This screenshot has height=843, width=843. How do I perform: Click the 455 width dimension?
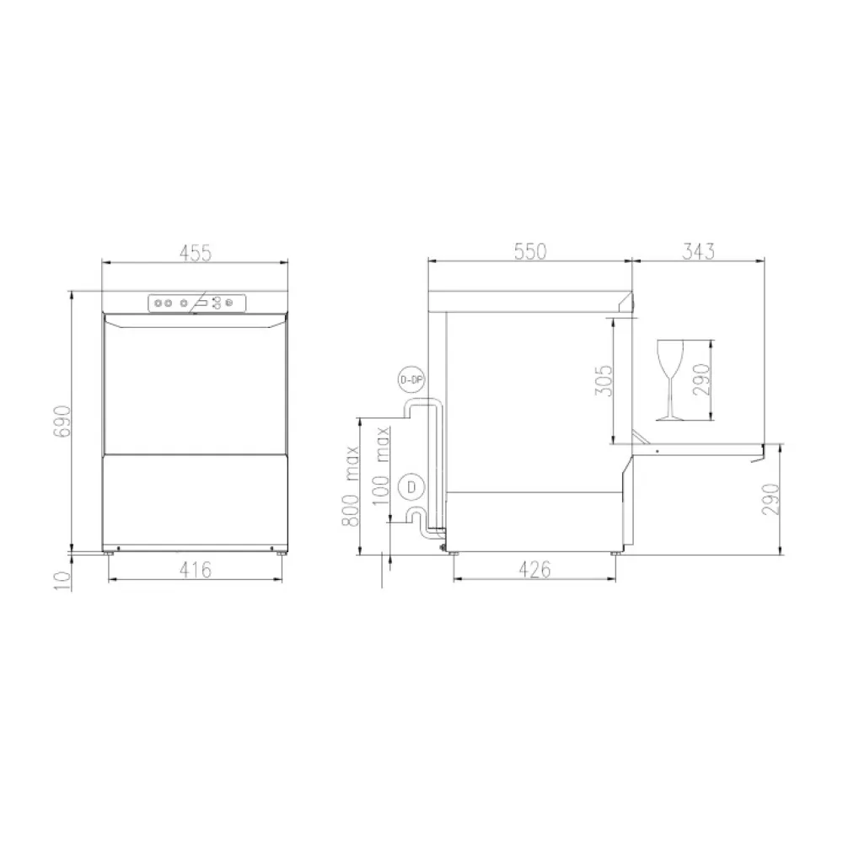tap(195, 250)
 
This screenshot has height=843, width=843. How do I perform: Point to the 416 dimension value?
tap(195, 570)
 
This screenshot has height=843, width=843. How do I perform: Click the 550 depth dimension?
tap(530, 250)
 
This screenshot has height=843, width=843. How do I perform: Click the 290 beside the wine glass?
tap(705, 379)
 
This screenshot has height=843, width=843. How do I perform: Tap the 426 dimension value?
tap(534, 570)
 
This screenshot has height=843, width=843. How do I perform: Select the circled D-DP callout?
tap(410, 381)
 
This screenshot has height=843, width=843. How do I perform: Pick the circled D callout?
tap(411, 486)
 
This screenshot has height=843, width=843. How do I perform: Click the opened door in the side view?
tap(700, 448)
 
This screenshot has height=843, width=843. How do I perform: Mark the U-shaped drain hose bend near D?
tap(415, 517)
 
